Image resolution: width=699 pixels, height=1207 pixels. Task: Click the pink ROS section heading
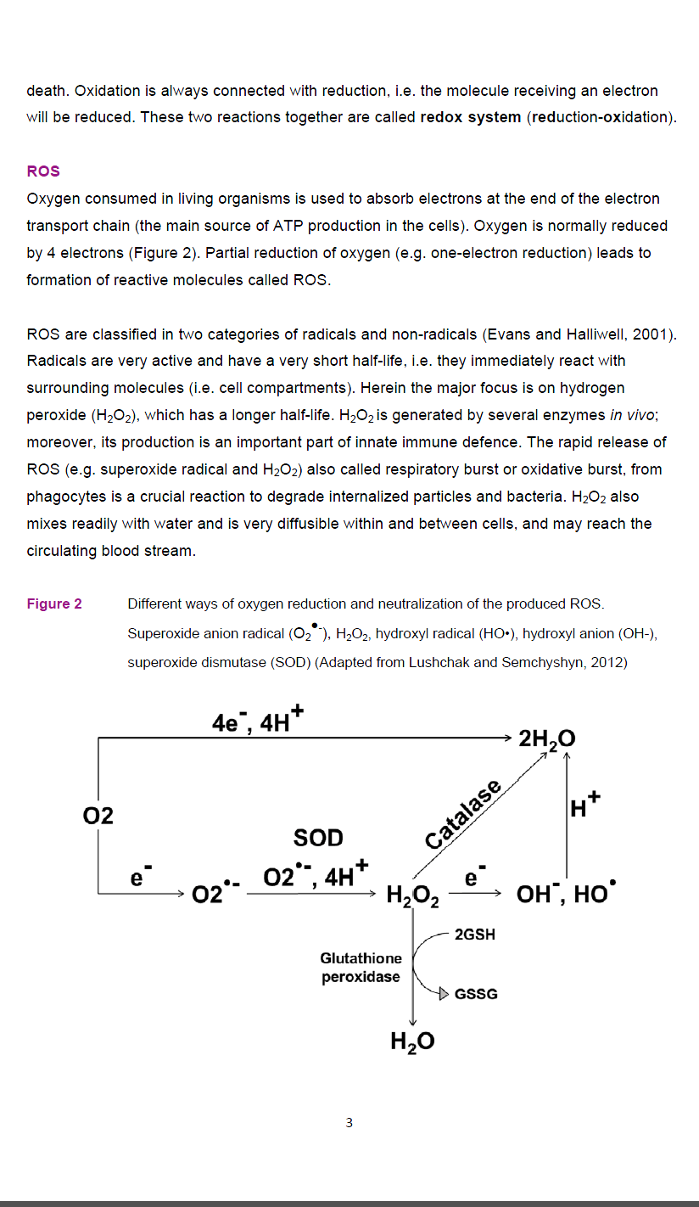click(43, 171)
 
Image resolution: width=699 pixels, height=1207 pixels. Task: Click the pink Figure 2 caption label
click(54, 604)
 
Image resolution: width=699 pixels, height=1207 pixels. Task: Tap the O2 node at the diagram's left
click(98, 816)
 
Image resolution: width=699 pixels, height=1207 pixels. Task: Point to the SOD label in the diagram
click(318, 838)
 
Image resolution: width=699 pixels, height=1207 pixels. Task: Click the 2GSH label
click(475, 935)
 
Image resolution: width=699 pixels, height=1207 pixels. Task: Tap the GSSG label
click(477, 994)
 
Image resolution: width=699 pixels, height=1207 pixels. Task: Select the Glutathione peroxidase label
click(361, 968)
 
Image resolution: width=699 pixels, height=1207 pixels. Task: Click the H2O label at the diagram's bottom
click(412, 1041)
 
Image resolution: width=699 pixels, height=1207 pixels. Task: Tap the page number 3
click(349, 1123)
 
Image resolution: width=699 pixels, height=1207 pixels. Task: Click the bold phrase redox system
click(471, 117)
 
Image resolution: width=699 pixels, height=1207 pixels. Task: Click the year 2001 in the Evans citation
click(651, 334)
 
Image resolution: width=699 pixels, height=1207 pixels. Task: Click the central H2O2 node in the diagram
click(412, 895)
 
